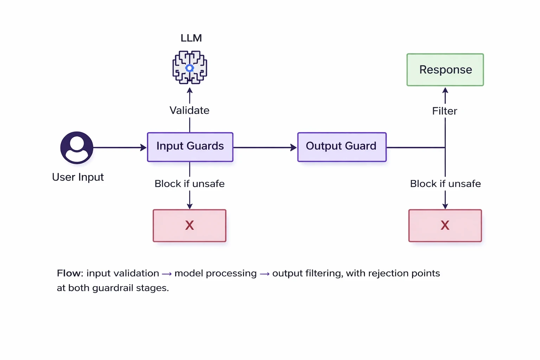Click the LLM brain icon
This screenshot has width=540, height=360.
pos(190,67)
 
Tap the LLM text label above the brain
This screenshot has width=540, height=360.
pos(191,38)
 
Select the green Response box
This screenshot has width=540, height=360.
pos(445,70)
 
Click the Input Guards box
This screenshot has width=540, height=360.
pos(190,147)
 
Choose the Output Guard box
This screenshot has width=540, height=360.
pos(342,147)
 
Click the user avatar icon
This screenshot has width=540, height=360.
pos(77,148)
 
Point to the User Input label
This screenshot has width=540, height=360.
pos(78,177)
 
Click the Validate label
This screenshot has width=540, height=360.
pos(189,110)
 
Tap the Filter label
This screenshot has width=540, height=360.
pos(444,111)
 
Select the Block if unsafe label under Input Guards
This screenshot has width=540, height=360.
pos(189,184)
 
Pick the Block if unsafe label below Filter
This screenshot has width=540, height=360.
pos(445,184)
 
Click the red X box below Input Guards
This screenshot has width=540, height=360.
pos(189,226)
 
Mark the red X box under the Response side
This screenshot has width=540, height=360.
pos(445,226)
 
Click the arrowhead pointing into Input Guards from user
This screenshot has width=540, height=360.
pos(143,148)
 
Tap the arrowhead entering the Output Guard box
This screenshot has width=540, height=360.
pos(294,148)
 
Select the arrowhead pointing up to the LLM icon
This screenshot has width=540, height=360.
pos(190,91)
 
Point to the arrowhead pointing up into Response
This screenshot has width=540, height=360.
pos(445,91)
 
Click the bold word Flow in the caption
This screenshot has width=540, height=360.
pos(69,273)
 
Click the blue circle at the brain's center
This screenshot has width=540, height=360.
pos(190,68)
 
